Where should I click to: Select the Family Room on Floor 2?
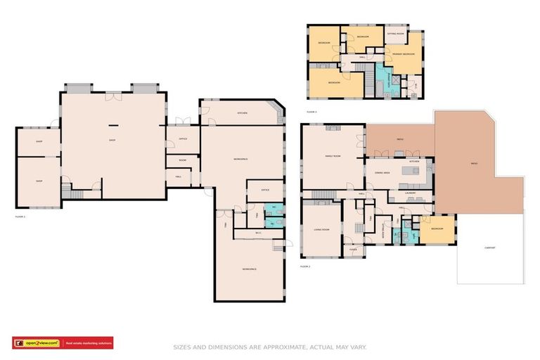click(333, 156)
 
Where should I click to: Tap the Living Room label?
click(321, 229)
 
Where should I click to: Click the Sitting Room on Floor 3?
click(395, 33)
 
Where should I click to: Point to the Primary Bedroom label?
click(404, 54)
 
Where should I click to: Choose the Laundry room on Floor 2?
click(411, 193)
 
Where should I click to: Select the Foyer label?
click(353, 249)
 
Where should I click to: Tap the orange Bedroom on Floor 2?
click(437, 229)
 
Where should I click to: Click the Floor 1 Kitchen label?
click(242, 113)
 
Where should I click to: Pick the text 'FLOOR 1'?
click(20, 217)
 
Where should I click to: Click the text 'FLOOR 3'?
click(311, 112)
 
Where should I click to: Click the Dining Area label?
click(382, 172)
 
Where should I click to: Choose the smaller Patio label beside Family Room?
click(399, 139)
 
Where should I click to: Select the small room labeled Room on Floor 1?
click(181, 160)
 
